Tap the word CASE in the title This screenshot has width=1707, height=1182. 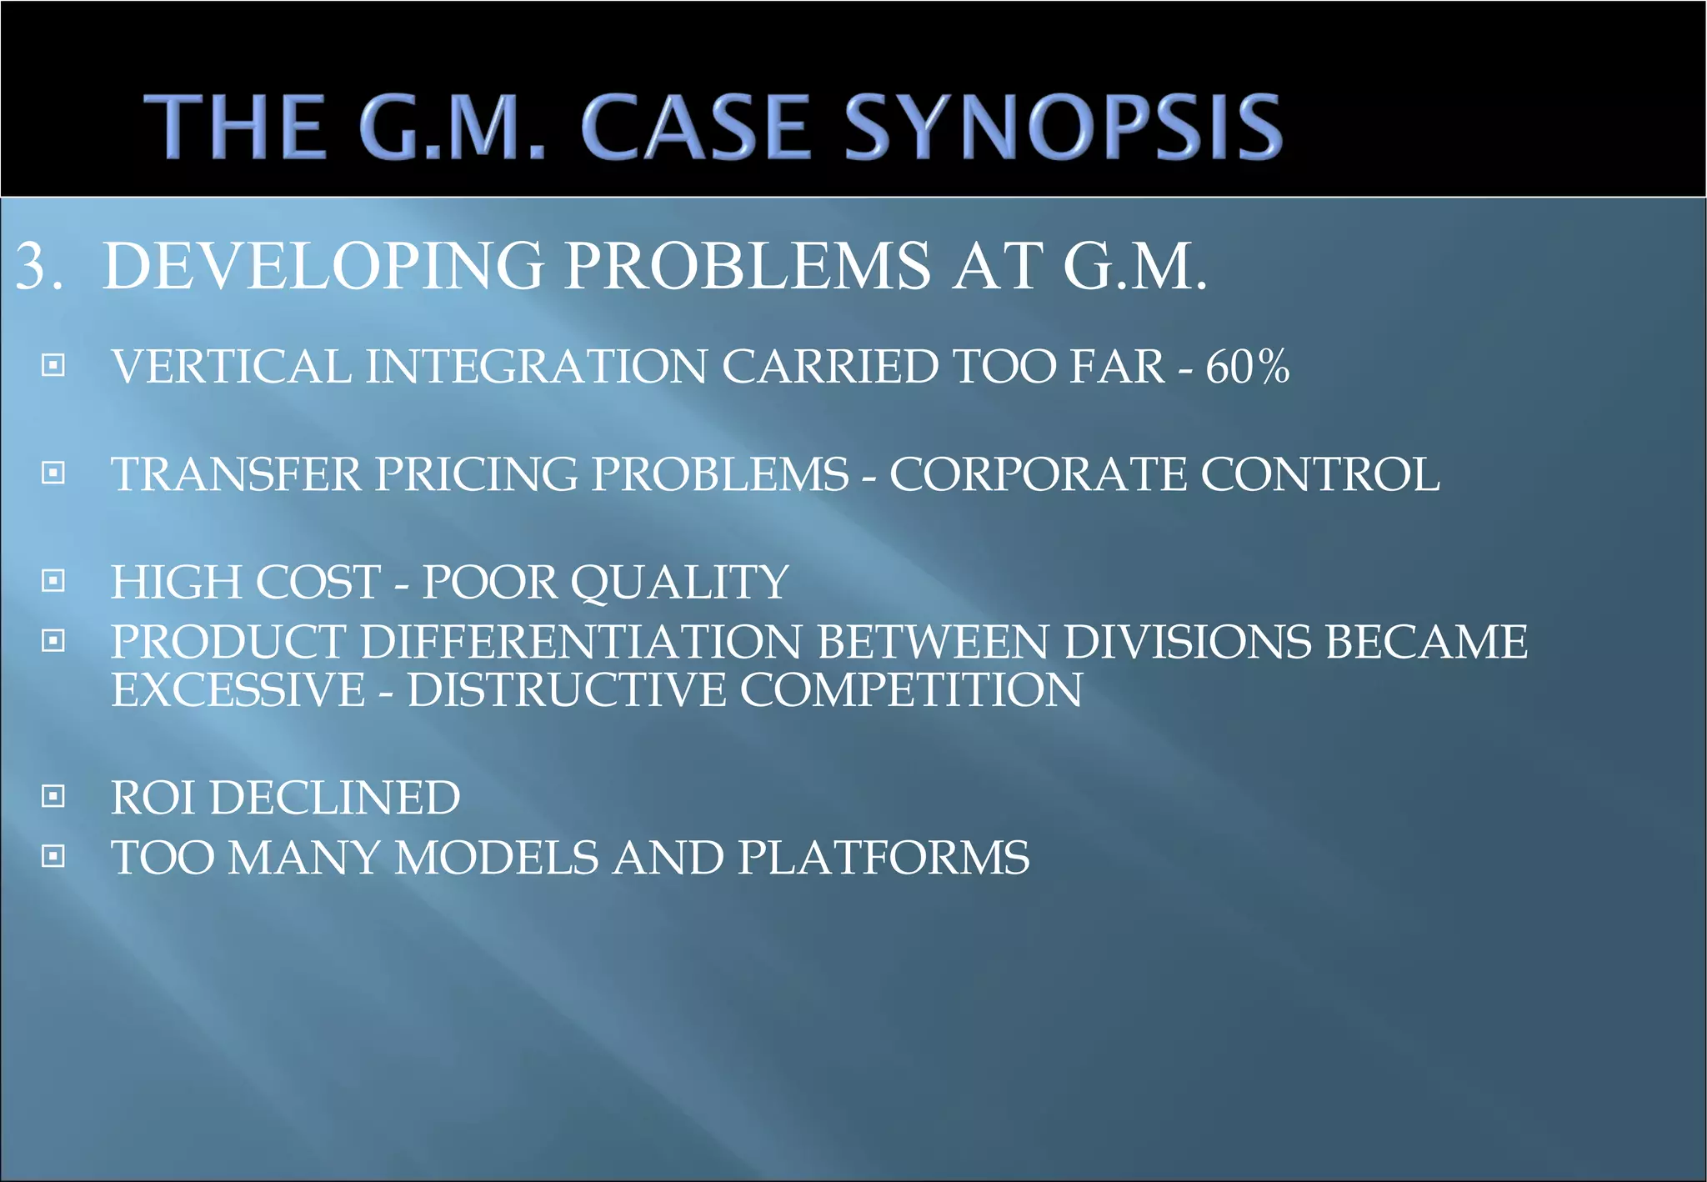[x=696, y=127]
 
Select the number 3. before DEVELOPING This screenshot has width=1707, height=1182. [x=39, y=267]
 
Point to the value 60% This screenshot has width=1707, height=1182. [x=1248, y=367]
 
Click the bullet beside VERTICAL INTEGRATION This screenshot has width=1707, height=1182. [x=53, y=365]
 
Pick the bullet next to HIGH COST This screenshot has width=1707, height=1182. [x=53, y=580]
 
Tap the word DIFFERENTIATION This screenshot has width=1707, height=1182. [x=580, y=642]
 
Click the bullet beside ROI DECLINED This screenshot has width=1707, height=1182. [x=53, y=796]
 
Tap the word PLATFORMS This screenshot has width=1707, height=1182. [x=884, y=858]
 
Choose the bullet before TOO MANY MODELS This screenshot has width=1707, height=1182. [x=53, y=856]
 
